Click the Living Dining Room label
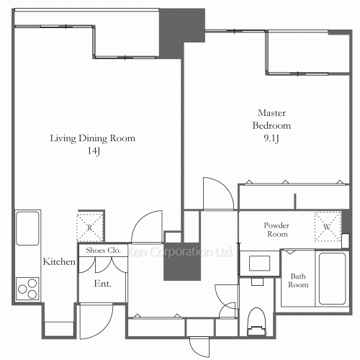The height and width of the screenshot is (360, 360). pyautogui.click(x=92, y=138)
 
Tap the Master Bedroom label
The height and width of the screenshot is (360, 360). pyautogui.click(x=271, y=120)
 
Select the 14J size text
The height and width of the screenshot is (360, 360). pyautogui.click(x=94, y=151)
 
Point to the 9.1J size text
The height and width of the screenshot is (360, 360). pyautogui.click(x=271, y=138)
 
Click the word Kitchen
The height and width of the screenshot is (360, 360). pyautogui.click(x=59, y=261)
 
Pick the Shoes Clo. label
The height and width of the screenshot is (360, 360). pyautogui.click(x=103, y=251)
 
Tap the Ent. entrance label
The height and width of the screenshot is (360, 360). pyautogui.click(x=102, y=284)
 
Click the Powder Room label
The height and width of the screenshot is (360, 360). pyautogui.click(x=276, y=230)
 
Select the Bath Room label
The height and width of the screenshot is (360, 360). pyautogui.click(x=298, y=280)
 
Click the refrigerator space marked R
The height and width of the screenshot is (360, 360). pyautogui.click(x=90, y=228)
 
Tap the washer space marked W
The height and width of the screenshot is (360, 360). pyautogui.click(x=328, y=226)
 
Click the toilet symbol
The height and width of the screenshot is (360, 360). pyautogui.click(x=257, y=322)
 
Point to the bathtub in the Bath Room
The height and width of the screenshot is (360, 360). pyautogui.click(x=332, y=279)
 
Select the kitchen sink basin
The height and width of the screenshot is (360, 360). pyautogui.click(x=27, y=228)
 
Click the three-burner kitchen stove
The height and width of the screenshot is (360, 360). pyautogui.click(x=27, y=289)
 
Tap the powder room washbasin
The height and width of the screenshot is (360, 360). pyautogui.click(x=259, y=264)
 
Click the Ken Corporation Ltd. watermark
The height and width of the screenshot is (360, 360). pyautogui.click(x=180, y=252)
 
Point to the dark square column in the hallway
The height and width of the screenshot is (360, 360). pyautogui.click(x=182, y=261)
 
